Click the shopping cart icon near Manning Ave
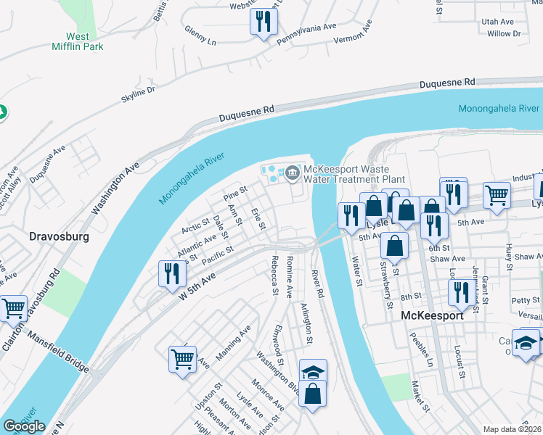click(182, 358)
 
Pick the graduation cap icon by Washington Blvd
click(314, 372)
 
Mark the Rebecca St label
click(274, 275)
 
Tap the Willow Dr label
click(504, 33)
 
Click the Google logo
click(24, 426)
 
